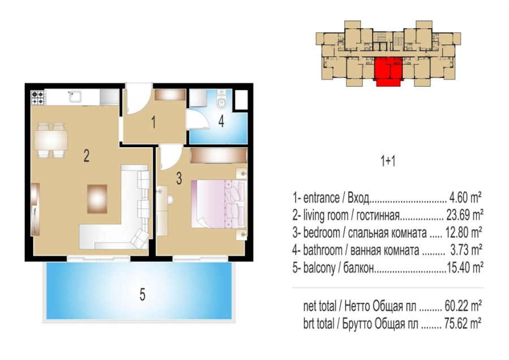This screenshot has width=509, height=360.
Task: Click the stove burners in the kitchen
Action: tap(38, 97)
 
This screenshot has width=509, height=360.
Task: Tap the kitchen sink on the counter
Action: tap(75, 96)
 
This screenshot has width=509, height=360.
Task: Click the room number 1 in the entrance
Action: tap(153, 122)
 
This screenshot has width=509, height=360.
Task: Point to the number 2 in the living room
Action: tap(87, 156)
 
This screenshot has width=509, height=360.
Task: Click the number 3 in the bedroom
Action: tap(179, 178)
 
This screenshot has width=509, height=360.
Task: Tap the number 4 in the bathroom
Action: tap(221, 122)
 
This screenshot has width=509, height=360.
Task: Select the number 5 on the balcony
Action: tap(142, 295)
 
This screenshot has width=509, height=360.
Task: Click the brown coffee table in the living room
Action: tap(97, 199)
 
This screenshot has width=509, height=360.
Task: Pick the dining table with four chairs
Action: tap(51, 140)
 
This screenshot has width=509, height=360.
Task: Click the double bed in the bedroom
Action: tap(218, 204)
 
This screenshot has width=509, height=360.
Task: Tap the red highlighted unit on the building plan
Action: tap(388, 71)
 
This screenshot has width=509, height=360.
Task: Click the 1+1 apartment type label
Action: tap(388, 161)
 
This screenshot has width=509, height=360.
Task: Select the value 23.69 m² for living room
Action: tap(463, 215)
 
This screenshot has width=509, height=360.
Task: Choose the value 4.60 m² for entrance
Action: tap(465, 197)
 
